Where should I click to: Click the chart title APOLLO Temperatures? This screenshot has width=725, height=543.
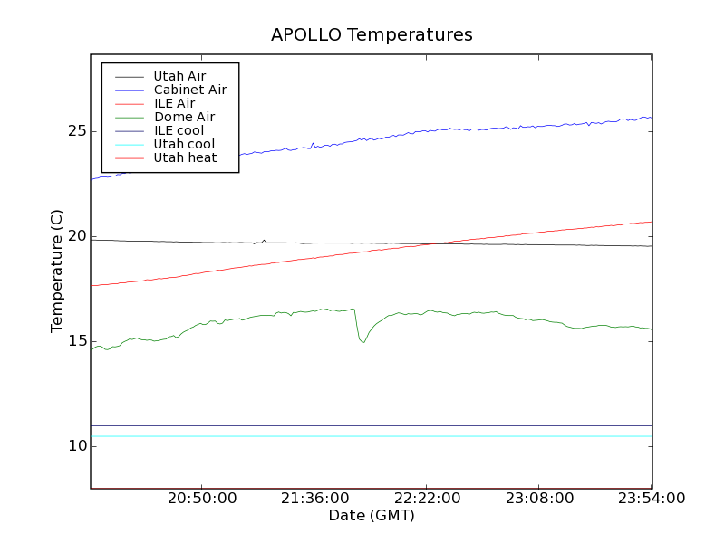pos(372,35)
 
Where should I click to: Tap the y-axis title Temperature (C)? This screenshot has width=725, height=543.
pos(57,270)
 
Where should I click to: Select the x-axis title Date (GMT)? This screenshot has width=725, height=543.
pos(372,516)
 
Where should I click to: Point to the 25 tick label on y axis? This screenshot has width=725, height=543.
pos(76,131)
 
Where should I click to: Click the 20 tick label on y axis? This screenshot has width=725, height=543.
pos(76,236)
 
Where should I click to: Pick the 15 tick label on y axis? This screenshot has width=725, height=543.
pos(76,341)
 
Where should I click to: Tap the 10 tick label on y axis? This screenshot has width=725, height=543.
pos(76,446)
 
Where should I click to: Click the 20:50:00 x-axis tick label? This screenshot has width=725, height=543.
pos(202,499)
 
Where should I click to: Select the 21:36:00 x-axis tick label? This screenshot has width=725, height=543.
pos(314,499)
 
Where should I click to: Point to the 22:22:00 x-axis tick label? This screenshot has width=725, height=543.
pos(427,499)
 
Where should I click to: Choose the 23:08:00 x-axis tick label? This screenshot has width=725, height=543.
pos(539,499)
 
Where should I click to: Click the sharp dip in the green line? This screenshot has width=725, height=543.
pos(362,341)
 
